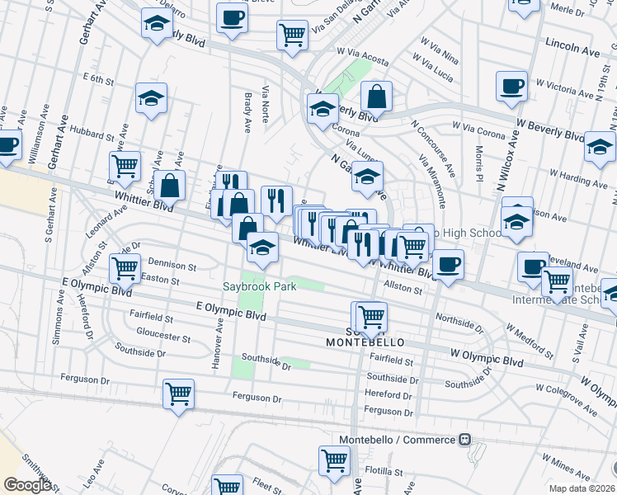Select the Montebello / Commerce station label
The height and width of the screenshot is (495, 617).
coord(398,440)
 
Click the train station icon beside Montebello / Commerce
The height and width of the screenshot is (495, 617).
coord(465,440)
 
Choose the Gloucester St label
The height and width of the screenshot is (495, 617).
coord(162,338)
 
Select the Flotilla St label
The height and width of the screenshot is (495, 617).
coord(384,473)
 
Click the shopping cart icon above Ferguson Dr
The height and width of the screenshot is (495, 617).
coord(178,394)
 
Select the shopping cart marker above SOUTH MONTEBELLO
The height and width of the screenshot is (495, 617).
coord(371,315)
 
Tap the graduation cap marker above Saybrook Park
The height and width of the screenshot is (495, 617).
coord(262,247)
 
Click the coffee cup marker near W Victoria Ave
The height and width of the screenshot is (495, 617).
coord(512,85)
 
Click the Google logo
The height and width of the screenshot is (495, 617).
coord(27,485)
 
